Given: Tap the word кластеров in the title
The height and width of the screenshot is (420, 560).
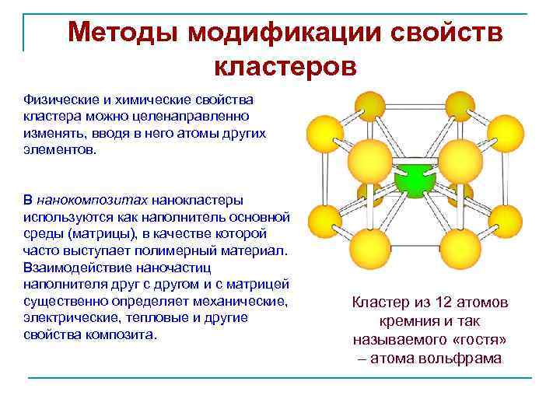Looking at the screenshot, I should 285,67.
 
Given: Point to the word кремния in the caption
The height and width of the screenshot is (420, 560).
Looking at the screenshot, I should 407,321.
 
